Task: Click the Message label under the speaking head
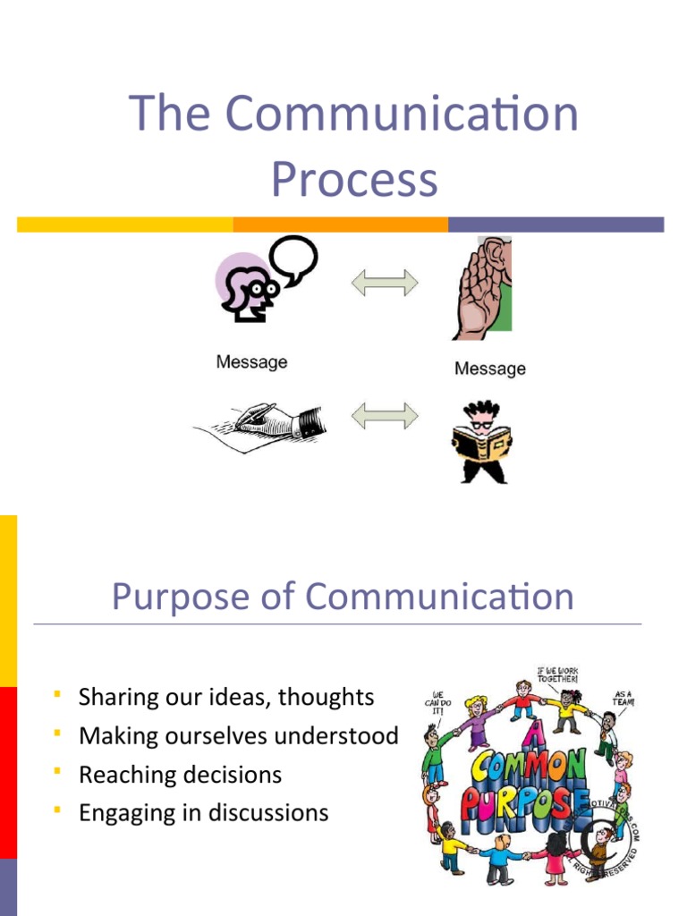tap(251, 362)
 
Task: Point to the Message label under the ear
tap(489, 369)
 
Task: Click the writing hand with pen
tap(259, 423)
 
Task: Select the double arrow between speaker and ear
tap(384, 284)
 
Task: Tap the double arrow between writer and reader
tap(384, 415)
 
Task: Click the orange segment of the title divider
tap(340, 225)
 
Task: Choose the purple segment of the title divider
tap(556, 225)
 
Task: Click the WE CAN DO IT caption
tap(438, 702)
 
